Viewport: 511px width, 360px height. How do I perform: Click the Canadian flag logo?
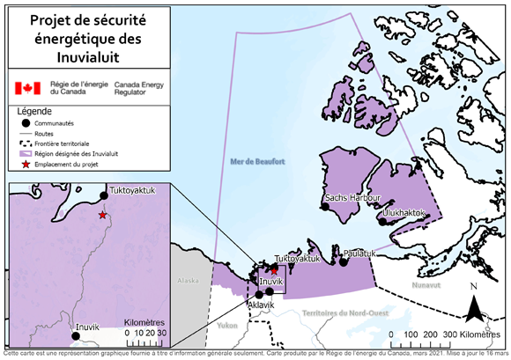tap(28, 88)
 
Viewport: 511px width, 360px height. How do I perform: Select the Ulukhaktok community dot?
tap(382, 222)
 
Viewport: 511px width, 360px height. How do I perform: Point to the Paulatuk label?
tap(360, 253)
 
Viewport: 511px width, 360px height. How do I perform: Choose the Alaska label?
tap(189, 281)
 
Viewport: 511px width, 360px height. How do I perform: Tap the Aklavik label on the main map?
tap(262, 305)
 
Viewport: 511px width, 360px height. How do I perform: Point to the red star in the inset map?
tap(103, 215)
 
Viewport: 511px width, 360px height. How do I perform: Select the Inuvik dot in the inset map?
tap(70, 327)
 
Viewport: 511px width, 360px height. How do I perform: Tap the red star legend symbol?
tap(24, 165)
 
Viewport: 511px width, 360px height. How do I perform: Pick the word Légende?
tap(34, 112)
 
